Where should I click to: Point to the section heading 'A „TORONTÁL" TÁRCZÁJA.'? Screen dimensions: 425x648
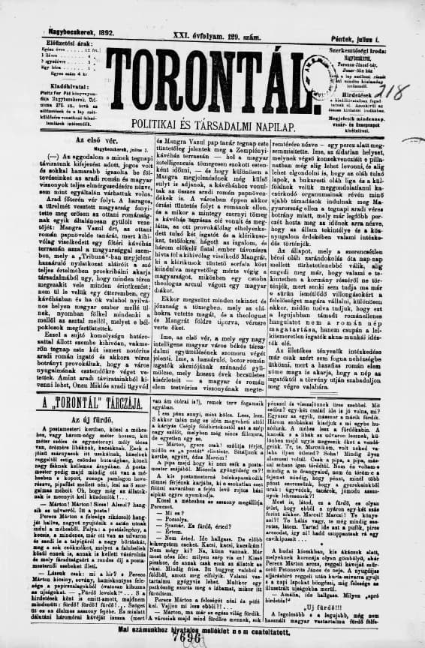click(x=87, y=405)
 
